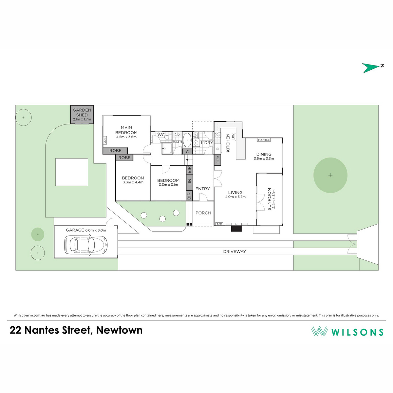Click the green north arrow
point(370,68)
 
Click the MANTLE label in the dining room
point(264,140)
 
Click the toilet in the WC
point(168,137)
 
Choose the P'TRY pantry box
point(217,160)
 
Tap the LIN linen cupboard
point(189,182)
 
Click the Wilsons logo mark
point(319,331)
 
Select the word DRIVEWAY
point(234,252)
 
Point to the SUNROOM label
point(269,199)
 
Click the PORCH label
point(203,213)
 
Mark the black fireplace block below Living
point(236,229)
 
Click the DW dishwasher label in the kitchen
point(233,137)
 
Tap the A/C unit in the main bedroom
point(105,140)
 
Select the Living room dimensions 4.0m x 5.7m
point(235,197)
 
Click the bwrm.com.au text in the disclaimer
point(34,315)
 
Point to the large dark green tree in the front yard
point(330,175)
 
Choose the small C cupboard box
point(187,152)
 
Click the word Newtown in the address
point(119,330)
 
